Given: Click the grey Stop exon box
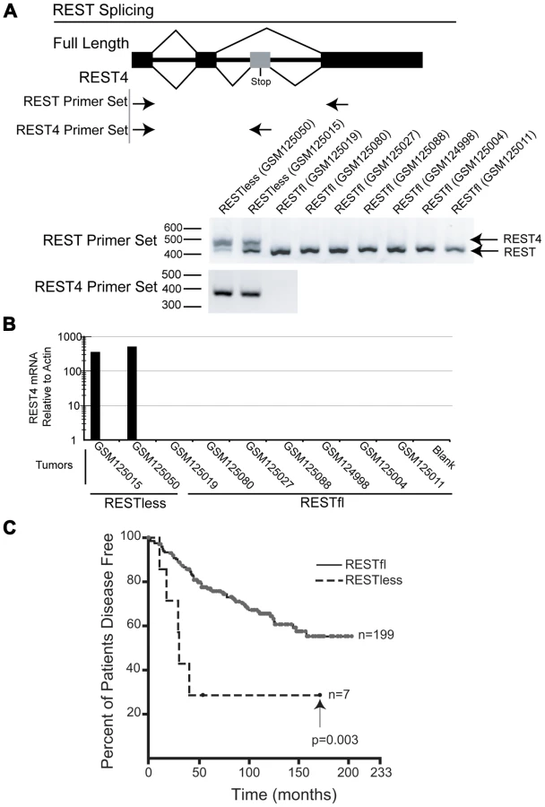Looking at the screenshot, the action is (x=260, y=60).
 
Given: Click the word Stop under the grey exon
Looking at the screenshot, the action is (x=261, y=82).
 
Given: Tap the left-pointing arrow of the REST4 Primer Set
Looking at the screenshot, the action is (x=261, y=130).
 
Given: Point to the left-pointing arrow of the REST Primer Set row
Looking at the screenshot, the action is (x=338, y=105).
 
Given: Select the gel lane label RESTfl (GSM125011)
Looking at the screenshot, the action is (x=493, y=173).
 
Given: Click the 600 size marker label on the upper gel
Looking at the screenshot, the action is (x=173, y=228).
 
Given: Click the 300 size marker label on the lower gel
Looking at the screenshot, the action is (x=171, y=305).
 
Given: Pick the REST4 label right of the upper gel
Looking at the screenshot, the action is (x=522, y=239).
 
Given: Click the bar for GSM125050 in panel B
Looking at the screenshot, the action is (x=133, y=394).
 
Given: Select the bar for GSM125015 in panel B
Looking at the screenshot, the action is (x=95, y=396).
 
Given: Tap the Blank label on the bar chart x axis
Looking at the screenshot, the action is (x=444, y=456).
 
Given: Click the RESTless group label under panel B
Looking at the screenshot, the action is (x=134, y=502).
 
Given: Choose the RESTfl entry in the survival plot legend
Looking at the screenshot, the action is (x=366, y=565).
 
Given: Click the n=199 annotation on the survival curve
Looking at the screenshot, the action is (x=376, y=635).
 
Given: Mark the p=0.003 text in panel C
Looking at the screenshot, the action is (x=335, y=740).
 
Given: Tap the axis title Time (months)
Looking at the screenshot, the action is (x=283, y=794).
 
